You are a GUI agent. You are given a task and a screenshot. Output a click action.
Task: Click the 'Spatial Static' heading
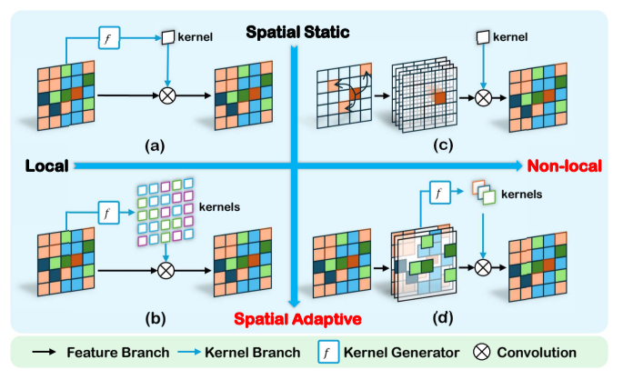pyautogui.click(x=297, y=34)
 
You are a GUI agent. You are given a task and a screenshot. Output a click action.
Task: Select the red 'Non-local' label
pyautogui.click(x=561, y=165)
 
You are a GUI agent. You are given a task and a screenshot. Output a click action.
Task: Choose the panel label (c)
pyautogui.click(x=443, y=142)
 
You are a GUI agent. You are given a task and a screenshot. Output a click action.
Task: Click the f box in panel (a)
pyautogui.click(x=108, y=39)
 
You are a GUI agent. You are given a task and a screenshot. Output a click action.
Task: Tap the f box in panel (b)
pyautogui.click(x=108, y=215)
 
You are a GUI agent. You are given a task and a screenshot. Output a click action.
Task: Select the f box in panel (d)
pyautogui.click(x=438, y=194)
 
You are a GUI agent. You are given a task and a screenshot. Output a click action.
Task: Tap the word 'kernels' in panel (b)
pyautogui.click(x=217, y=208)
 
